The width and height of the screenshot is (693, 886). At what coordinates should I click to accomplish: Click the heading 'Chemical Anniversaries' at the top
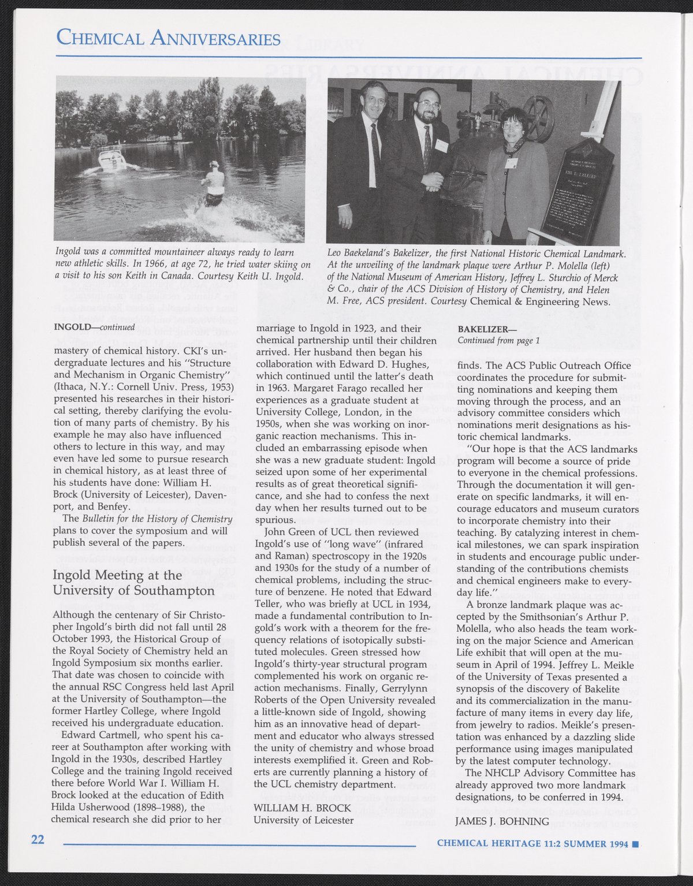click(168, 39)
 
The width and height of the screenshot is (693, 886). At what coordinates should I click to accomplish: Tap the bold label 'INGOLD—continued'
click(94, 327)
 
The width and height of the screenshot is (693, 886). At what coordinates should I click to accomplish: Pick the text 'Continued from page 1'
click(498, 340)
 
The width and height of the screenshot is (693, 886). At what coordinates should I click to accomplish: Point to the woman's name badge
click(509, 163)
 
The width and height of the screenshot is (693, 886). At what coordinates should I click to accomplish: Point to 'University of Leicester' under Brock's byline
click(303, 820)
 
